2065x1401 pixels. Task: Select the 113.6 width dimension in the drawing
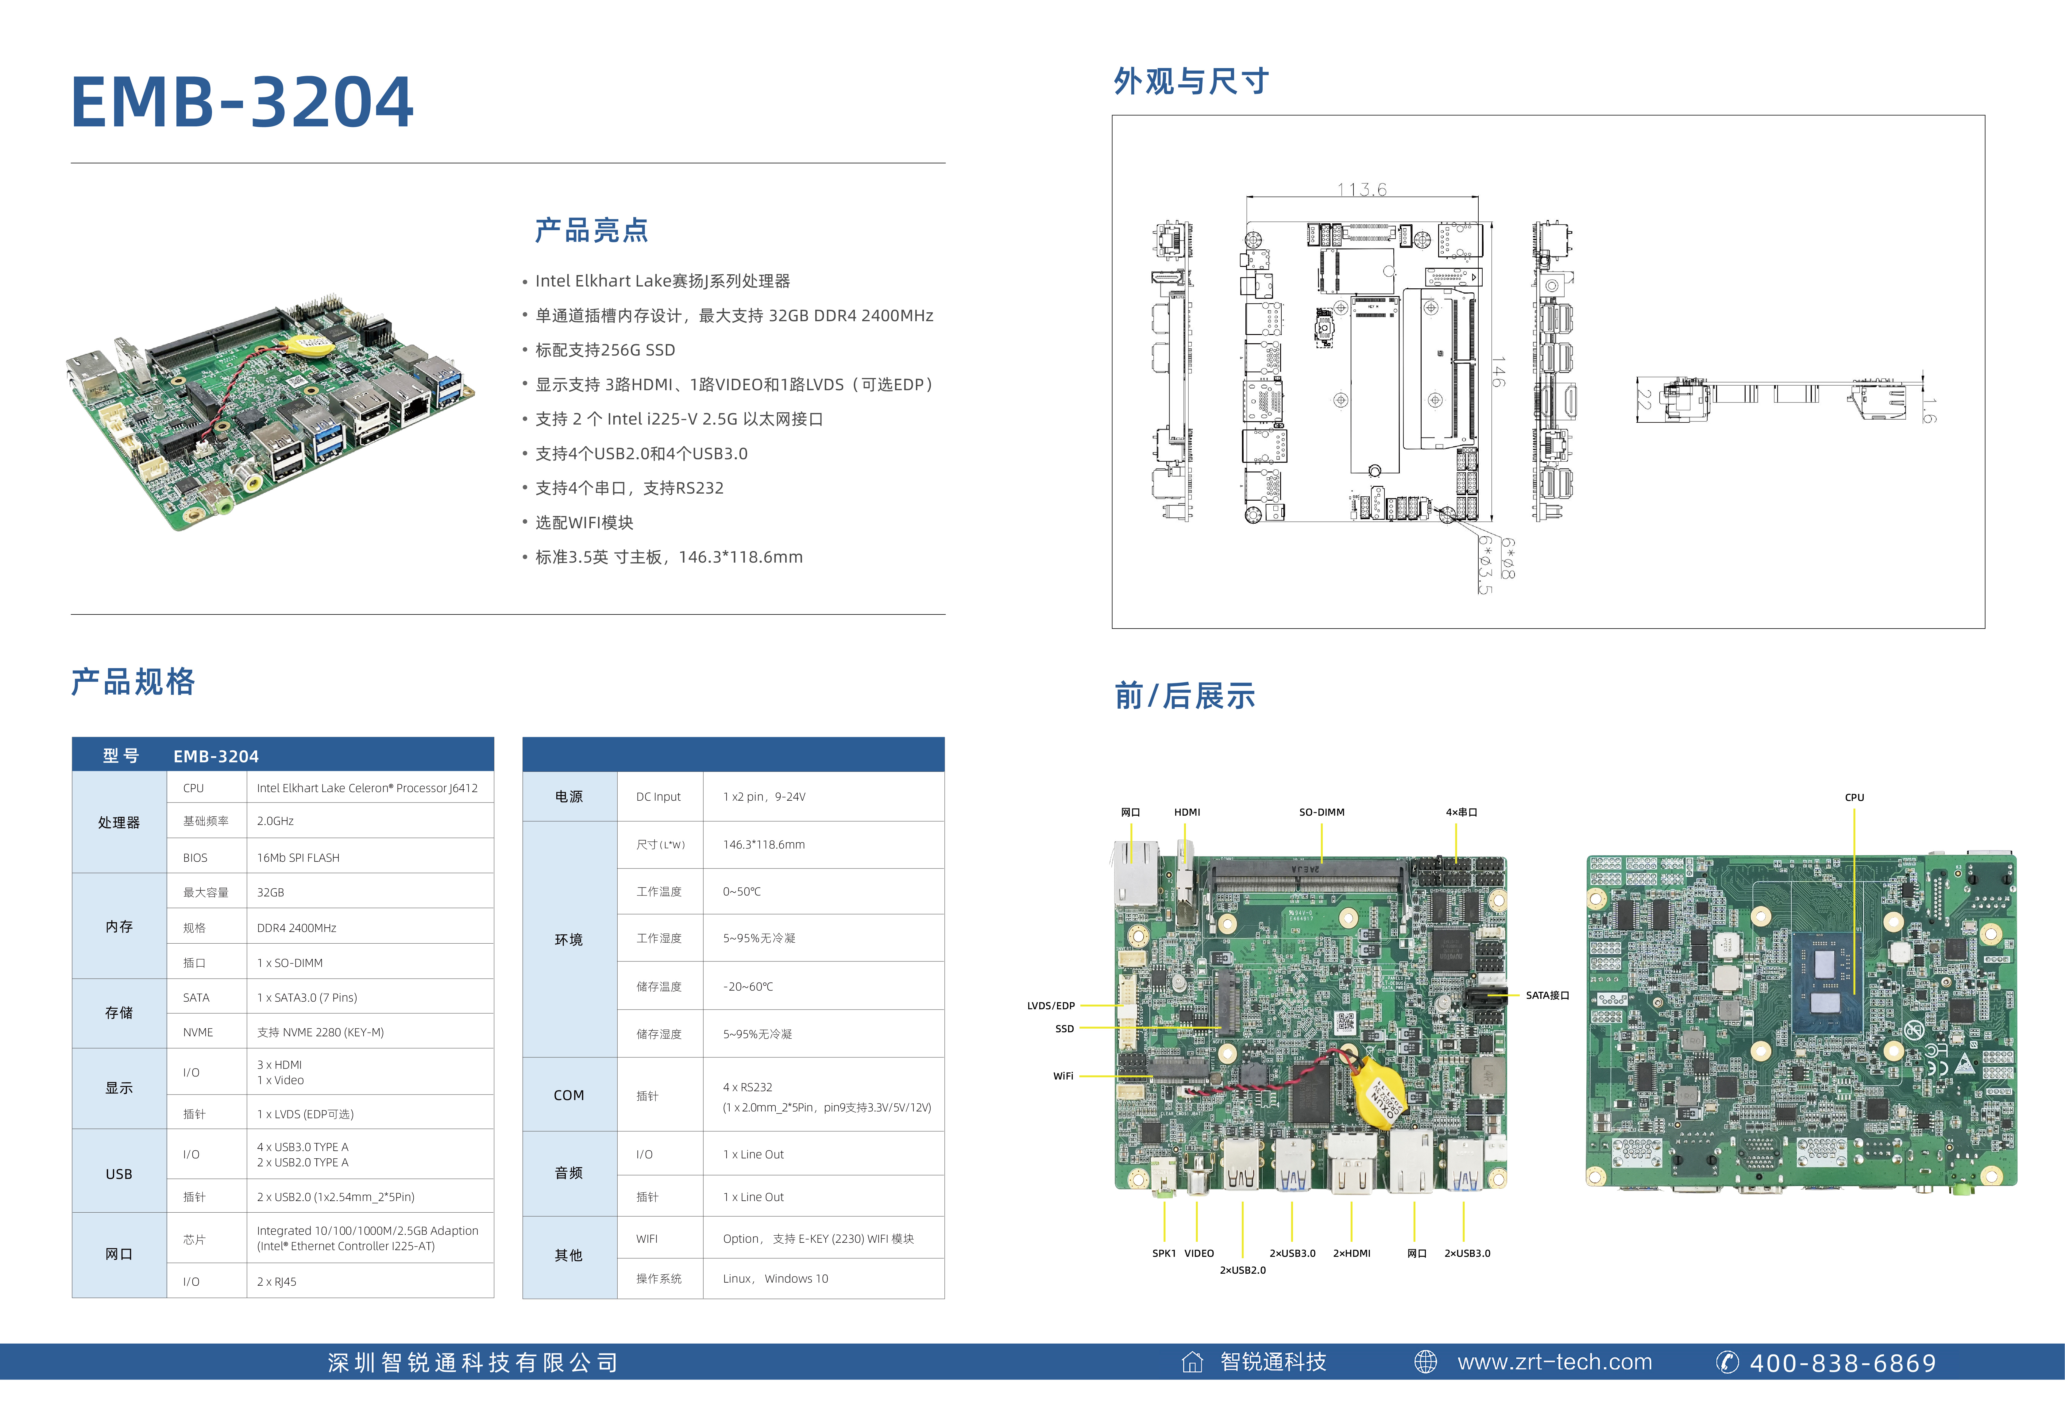[1361, 189]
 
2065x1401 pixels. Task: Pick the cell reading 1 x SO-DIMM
[290, 963]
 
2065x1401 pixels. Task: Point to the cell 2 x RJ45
[276, 1281]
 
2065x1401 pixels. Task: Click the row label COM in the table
[569, 1095]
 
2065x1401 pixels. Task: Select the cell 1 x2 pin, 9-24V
[764, 797]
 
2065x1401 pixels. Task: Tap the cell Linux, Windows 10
[775, 1278]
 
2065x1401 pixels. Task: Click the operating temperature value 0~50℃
[742, 891]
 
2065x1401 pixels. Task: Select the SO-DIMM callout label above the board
[1321, 812]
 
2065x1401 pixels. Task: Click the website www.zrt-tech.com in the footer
[1554, 1362]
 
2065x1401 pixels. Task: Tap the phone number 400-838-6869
[1842, 1363]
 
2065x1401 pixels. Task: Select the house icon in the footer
[1191, 1362]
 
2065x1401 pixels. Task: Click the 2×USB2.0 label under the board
[1242, 1269]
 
